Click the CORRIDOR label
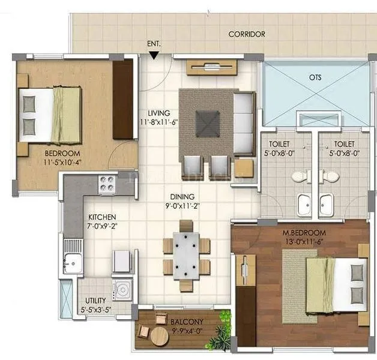pyautogui.click(x=246, y=34)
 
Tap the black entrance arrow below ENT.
pyautogui.click(x=155, y=56)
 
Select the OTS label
pyautogui.click(x=315, y=77)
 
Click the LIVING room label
pyautogui.click(x=159, y=113)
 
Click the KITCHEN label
pyautogui.click(x=101, y=217)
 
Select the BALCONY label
pyautogui.click(x=182, y=322)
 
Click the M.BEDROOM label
pyautogui.click(x=305, y=233)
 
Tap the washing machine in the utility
pyautogui.click(x=122, y=289)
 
